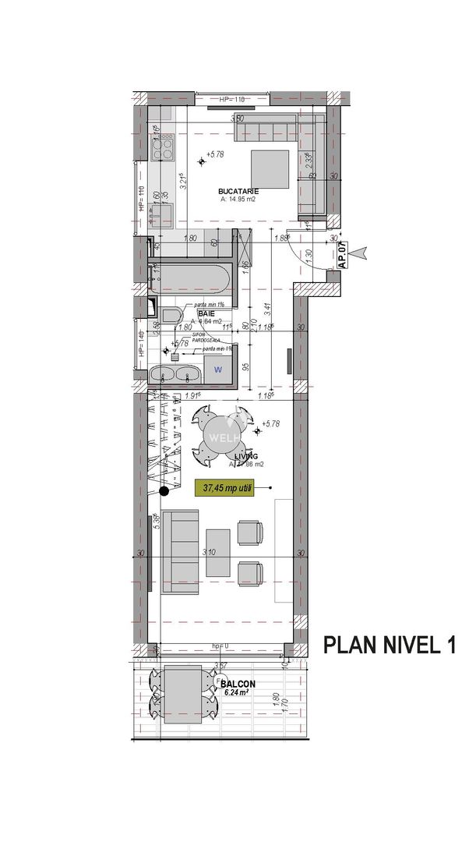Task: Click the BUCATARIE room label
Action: (x=238, y=191)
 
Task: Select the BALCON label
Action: (x=238, y=684)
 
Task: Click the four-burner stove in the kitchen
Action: (x=164, y=144)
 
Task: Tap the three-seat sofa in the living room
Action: (x=179, y=551)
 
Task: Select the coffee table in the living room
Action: (x=218, y=553)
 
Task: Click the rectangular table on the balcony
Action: (x=183, y=694)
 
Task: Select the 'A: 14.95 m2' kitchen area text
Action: (x=238, y=200)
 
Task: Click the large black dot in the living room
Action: (x=164, y=490)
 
